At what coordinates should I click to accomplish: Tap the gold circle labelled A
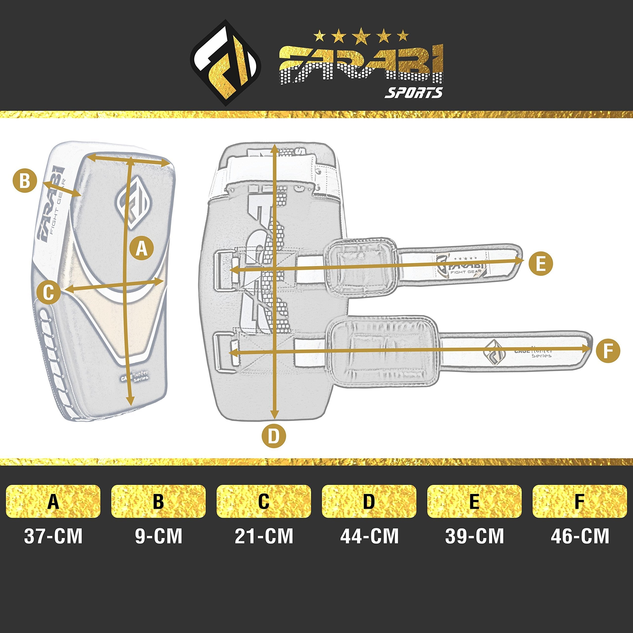tap(141, 249)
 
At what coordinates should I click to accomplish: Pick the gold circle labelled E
tap(541, 263)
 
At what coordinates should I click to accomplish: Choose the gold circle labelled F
tap(608, 351)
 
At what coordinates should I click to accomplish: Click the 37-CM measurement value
tap(53, 536)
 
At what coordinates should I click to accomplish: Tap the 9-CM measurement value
tap(158, 536)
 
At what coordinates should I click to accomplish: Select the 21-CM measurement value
tap(264, 536)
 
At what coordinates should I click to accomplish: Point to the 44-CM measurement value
tap(369, 536)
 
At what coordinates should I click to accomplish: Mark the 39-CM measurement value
tap(475, 536)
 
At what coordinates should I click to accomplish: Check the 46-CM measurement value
tap(580, 536)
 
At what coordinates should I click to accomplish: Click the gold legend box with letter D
tap(369, 501)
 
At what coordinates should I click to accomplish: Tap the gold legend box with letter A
tap(53, 501)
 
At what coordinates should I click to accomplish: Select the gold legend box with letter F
tap(580, 501)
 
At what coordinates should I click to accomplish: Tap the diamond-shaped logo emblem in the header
tap(226, 63)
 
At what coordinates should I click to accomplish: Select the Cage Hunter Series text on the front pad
tap(135, 376)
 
